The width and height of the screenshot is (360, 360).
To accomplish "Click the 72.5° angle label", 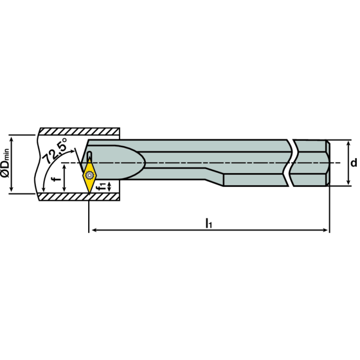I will (55, 152).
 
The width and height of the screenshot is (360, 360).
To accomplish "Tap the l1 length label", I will (209, 223).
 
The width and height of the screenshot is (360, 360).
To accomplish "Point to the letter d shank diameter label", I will (354, 162).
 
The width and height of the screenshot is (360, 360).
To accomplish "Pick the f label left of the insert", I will (55, 179).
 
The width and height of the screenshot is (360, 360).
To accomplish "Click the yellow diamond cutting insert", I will (90, 175).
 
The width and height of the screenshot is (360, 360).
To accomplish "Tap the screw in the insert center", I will (89, 173).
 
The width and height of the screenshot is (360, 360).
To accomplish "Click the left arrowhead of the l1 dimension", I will (92, 230).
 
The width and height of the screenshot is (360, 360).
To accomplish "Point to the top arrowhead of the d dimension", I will (348, 144).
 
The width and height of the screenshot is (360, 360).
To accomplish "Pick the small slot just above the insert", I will (90, 155).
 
